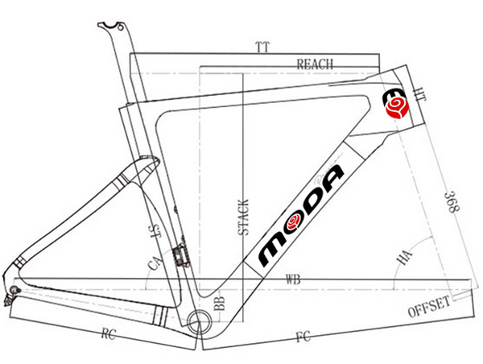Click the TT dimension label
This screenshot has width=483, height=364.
pyautogui.click(x=262, y=48)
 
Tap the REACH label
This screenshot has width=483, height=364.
pyautogui.click(x=315, y=64)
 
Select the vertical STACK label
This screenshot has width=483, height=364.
pyautogui.click(x=243, y=217)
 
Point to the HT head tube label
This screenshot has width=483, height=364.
pyautogui.click(x=420, y=94)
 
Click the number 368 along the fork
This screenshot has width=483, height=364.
pyautogui.click(x=452, y=202)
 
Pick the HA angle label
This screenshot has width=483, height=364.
pyautogui.click(x=404, y=258)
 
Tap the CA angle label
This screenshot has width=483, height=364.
pyautogui.click(x=155, y=263)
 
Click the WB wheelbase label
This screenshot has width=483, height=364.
pyautogui.click(x=293, y=279)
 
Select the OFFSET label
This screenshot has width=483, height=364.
pyautogui.click(x=429, y=307)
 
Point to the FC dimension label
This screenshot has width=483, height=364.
pyautogui.click(x=303, y=337)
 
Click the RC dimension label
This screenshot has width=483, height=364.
pyautogui.click(x=109, y=333)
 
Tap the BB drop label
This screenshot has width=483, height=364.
pyautogui.click(x=220, y=303)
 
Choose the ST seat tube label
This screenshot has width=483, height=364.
pyautogui.click(x=156, y=232)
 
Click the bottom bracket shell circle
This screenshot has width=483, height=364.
pyautogui.click(x=200, y=322)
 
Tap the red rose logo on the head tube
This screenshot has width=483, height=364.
pyautogui.click(x=398, y=108)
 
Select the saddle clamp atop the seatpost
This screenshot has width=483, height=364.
pyautogui.click(x=111, y=27)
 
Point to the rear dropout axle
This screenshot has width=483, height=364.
pyautogui.click(x=14, y=290)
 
